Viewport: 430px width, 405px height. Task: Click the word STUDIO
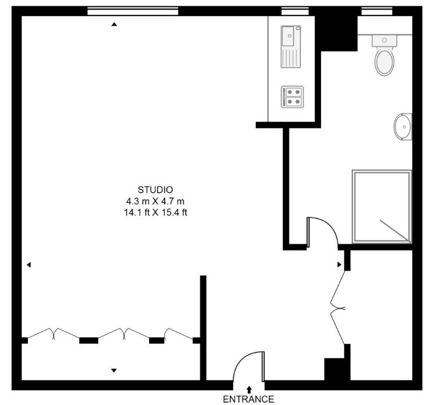click(x=155, y=189)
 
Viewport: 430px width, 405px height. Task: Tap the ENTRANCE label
click(x=248, y=399)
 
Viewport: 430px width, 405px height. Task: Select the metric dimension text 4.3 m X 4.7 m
click(x=155, y=201)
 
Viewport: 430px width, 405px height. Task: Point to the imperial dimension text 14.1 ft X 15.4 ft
click(x=155, y=212)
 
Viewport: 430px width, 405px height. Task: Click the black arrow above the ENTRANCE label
click(x=250, y=390)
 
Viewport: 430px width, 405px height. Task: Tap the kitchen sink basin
click(x=288, y=36)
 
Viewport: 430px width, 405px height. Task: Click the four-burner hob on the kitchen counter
click(x=292, y=97)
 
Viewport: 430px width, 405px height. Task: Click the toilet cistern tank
click(x=384, y=41)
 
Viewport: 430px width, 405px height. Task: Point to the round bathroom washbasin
click(x=403, y=126)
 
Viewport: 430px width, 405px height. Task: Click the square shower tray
click(x=382, y=207)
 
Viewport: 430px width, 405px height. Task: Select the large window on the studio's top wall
click(x=133, y=11)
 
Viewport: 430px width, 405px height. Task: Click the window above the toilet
click(x=377, y=11)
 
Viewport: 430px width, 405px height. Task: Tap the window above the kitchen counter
click(x=295, y=11)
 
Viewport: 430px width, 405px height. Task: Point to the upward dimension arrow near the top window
click(x=114, y=25)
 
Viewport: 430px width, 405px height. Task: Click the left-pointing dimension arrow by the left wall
click(x=29, y=265)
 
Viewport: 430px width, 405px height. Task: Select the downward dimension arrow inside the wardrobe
click(x=114, y=371)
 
